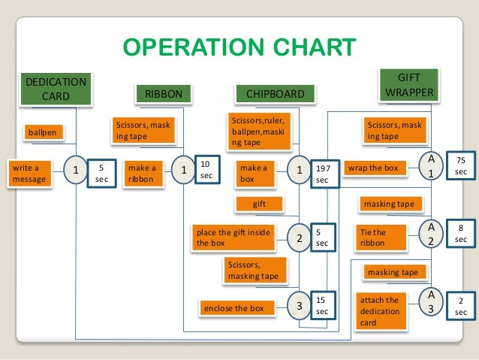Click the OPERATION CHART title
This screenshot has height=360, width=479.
[239, 48]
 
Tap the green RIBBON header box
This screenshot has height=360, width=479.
[163, 94]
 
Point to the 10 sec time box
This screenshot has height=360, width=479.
[206, 168]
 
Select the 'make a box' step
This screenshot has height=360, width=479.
[255, 173]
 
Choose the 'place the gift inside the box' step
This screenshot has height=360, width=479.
[232, 237]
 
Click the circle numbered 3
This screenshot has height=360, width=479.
[299, 306]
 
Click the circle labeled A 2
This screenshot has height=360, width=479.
[431, 233]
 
